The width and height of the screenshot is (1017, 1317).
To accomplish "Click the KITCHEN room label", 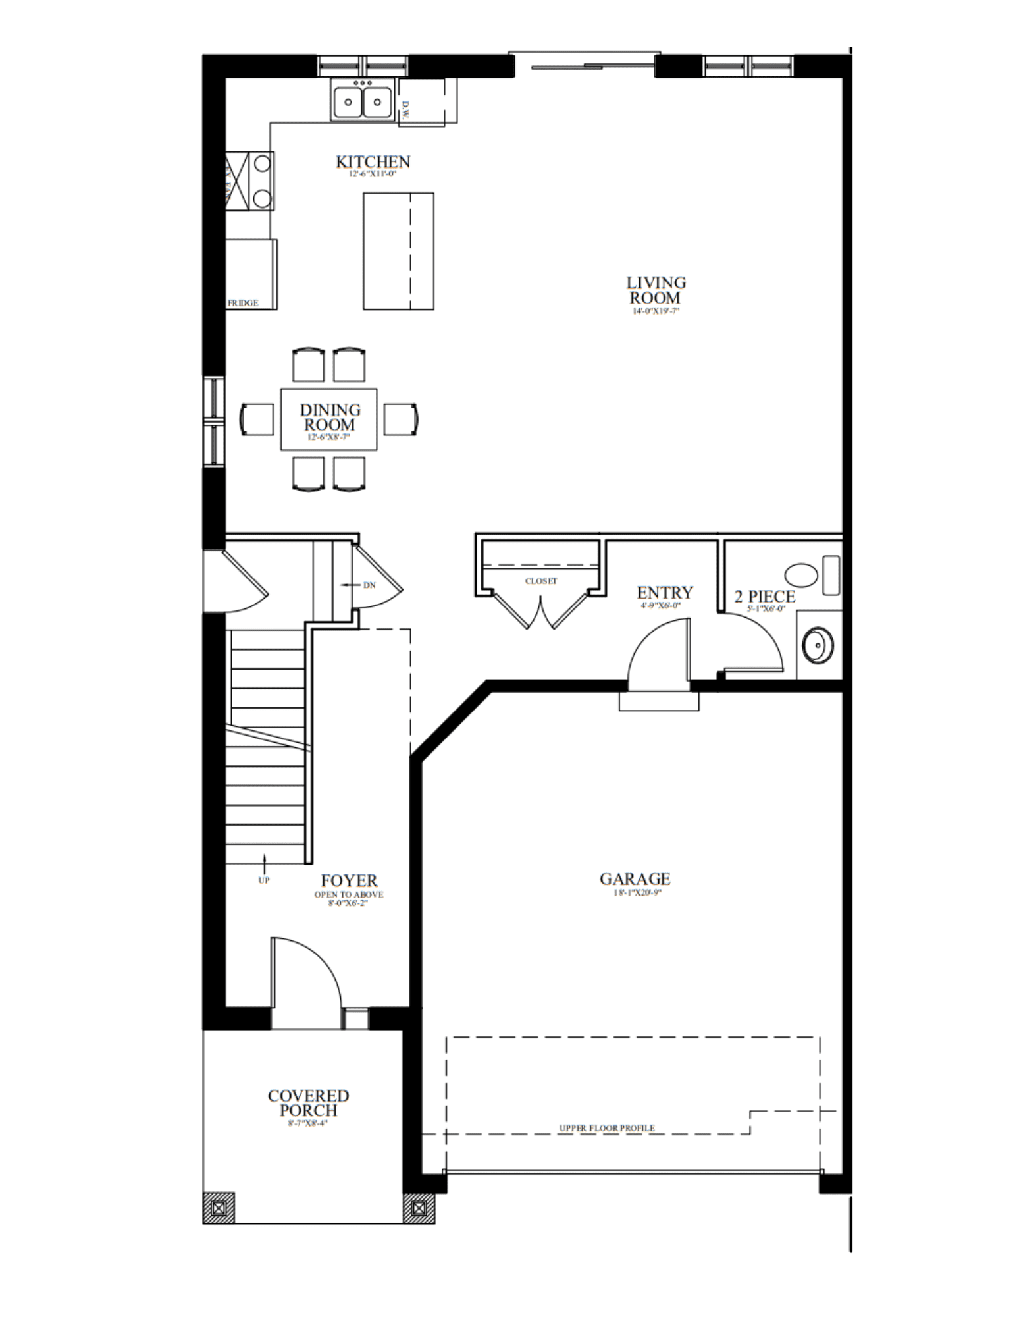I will click(373, 162).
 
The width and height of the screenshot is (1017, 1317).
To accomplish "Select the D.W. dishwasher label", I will click(405, 110).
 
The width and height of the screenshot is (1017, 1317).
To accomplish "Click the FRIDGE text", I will click(243, 303).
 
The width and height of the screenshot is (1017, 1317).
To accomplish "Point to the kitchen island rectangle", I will click(398, 251).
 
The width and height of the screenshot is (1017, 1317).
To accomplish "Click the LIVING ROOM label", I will click(656, 290).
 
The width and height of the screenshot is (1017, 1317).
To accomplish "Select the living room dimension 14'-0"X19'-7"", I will click(656, 311).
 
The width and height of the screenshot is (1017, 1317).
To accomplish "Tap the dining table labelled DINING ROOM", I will click(329, 419).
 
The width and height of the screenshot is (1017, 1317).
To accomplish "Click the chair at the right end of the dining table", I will click(401, 419).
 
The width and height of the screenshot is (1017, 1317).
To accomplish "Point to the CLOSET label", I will click(541, 581).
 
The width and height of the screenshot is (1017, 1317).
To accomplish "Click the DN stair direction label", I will click(369, 585).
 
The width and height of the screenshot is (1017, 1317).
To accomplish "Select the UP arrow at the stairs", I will click(265, 861).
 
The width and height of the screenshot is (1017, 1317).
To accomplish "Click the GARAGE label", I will click(635, 879).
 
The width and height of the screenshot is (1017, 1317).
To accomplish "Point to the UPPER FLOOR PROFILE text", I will click(607, 1128).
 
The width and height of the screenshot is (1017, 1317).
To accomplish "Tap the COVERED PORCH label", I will click(308, 1103).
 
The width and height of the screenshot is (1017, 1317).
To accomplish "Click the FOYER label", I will click(349, 880).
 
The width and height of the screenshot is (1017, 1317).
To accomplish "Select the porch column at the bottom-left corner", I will click(219, 1208).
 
